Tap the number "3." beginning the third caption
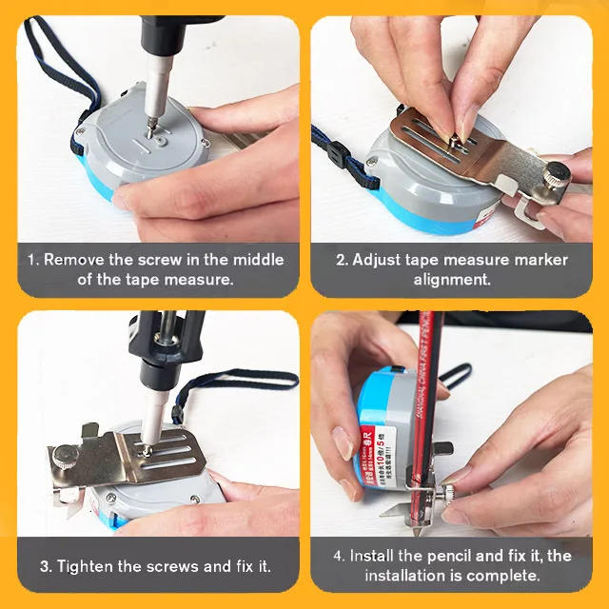click(x=46, y=566)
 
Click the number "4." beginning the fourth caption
click(x=339, y=556)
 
